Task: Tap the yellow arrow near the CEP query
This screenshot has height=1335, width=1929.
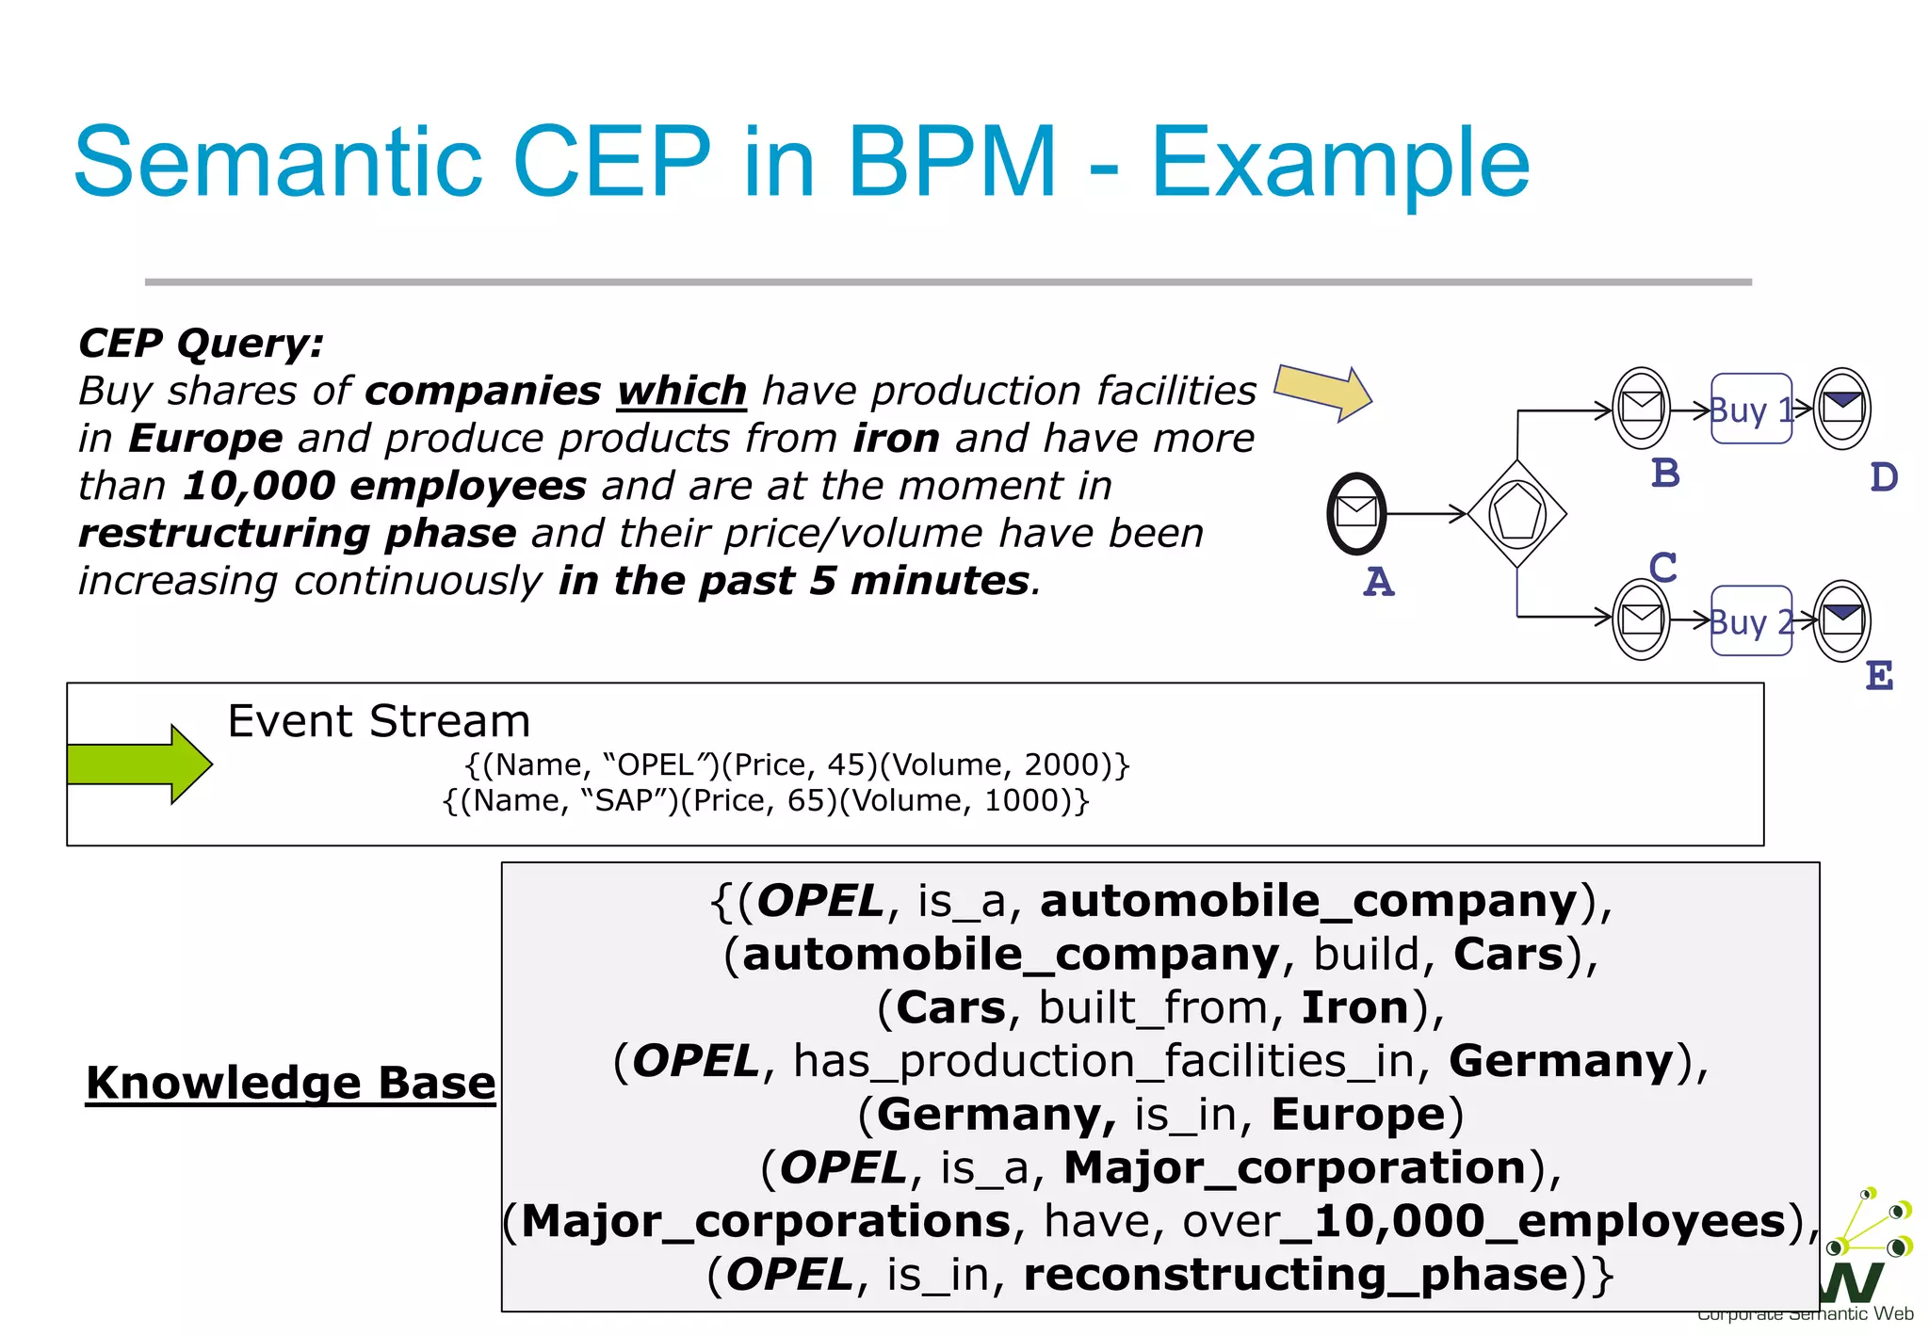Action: coord(1322,392)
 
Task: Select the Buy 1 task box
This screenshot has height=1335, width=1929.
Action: coord(1751,409)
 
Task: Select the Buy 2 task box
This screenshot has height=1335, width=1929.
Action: coord(1751,621)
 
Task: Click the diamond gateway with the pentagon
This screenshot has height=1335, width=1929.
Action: coord(1516,514)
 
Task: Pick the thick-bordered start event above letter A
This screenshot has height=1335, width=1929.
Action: coord(1356,513)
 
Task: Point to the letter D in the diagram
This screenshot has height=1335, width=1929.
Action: coord(1884,477)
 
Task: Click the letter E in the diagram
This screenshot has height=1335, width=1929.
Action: coord(1879,676)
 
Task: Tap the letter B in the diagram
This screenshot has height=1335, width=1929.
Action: coord(1665,473)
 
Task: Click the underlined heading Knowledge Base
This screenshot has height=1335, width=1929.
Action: coord(290,1083)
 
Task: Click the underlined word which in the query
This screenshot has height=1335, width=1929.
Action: coord(682,391)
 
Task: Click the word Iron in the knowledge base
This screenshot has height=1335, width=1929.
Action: coord(1354,1007)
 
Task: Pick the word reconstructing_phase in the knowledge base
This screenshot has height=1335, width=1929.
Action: coord(1296,1275)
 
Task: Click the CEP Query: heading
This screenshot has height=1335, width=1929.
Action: coord(201,343)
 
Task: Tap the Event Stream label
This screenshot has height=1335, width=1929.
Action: coord(379,721)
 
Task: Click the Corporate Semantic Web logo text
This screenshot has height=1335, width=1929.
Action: coord(1805,1314)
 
